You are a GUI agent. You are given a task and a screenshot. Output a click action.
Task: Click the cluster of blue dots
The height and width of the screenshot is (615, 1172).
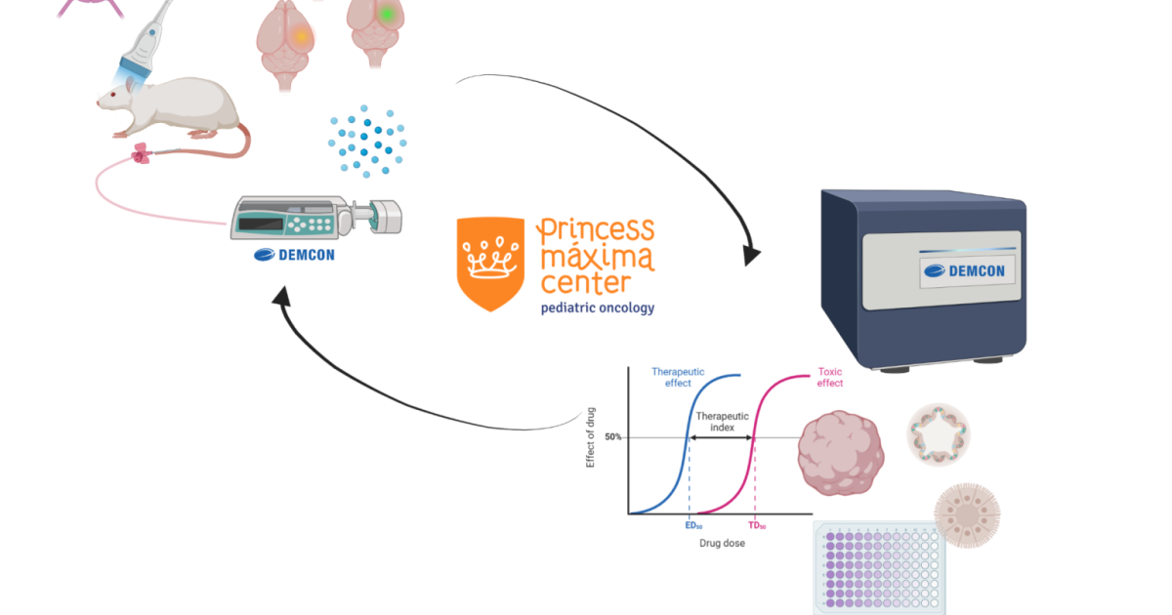366,137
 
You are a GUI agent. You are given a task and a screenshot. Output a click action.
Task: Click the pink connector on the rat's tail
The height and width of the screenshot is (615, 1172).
143,152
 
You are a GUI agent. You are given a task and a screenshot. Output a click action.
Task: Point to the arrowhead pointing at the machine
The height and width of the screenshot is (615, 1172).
752,256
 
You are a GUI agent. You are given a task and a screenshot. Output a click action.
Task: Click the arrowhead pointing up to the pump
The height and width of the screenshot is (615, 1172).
284,298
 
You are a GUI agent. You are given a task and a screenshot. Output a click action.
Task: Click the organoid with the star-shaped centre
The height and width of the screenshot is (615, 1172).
940,434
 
